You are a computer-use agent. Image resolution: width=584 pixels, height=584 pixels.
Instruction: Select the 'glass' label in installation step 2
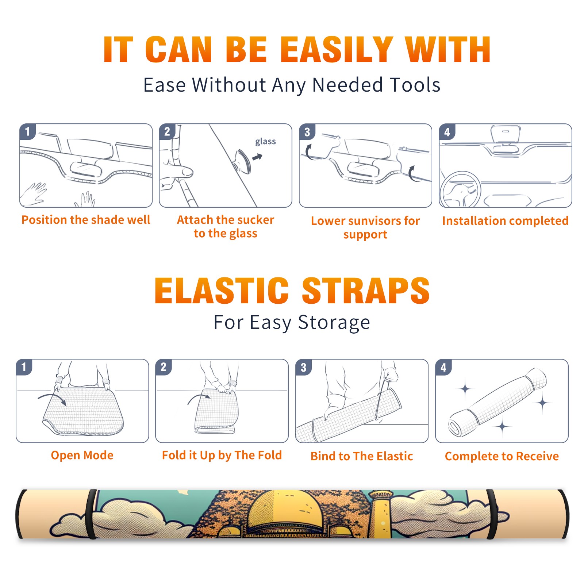pyautogui.click(x=265, y=141)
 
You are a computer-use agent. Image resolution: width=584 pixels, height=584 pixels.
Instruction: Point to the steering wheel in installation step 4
pyautogui.click(x=460, y=190)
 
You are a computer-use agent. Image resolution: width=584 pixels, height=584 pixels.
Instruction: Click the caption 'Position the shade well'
pyautogui.click(x=86, y=220)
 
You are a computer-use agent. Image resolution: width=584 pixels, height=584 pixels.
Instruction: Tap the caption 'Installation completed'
pyautogui.click(x=505, y=220)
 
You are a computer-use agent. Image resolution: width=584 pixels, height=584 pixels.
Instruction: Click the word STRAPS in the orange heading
pyautogui.click(x=366, y=291)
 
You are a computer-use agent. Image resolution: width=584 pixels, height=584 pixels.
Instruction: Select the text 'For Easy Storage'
pyautogui.click(x=292, y=322)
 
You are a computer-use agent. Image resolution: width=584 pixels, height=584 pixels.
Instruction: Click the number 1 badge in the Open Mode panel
pyautogui.click(x=24, y=367)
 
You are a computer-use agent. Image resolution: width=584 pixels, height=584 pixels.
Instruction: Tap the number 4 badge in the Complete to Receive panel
pyautogui.click(x=443, y=367)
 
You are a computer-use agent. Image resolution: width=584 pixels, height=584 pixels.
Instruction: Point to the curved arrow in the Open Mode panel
pyautogui.click(x=52, y=398)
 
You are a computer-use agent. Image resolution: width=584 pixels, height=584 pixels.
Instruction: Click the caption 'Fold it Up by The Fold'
pyautogui.click(x=222, y=455)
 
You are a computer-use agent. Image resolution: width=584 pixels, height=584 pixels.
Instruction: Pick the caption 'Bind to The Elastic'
pyautogui.click(x=362, y=456)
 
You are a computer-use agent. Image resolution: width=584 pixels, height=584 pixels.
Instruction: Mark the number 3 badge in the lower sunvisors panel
pyautogui.click(x=307, y=132)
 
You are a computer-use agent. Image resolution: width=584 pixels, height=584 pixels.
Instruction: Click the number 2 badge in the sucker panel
pyautogui.click(x=167, y=132)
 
